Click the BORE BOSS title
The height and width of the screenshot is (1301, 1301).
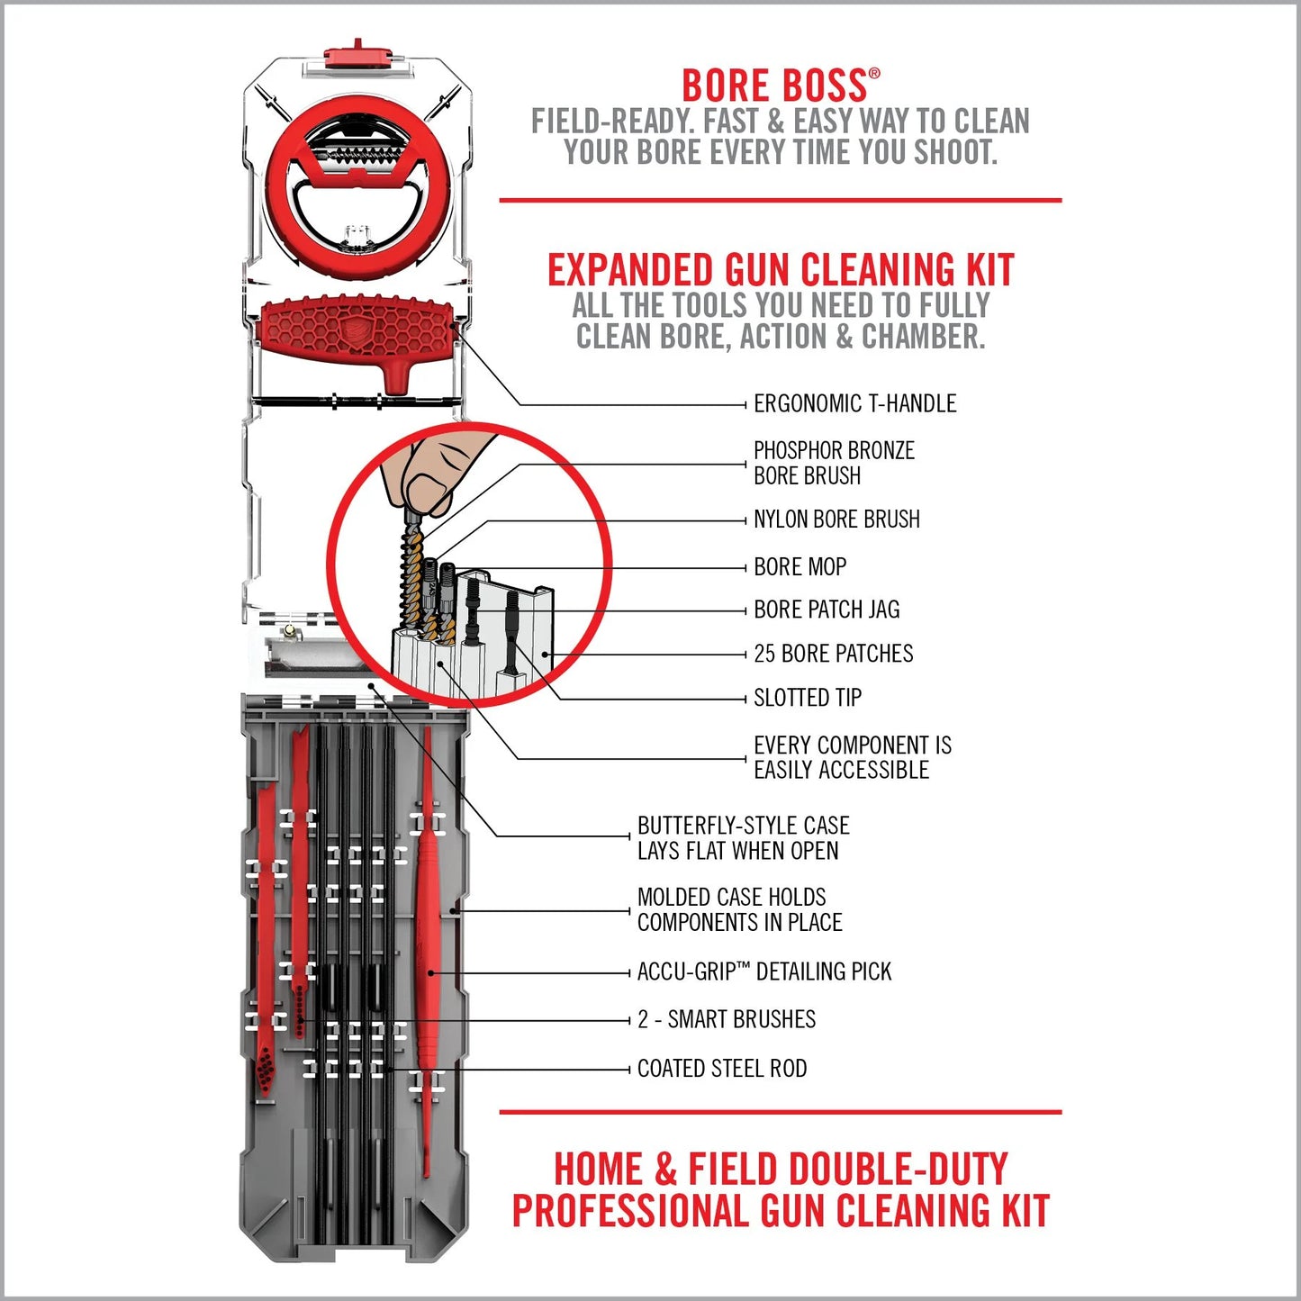click(x=774, y=86)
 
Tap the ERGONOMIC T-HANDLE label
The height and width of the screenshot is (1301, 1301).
click(x=854, y=403)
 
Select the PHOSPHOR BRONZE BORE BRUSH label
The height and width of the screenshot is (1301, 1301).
click(x=833, y=463)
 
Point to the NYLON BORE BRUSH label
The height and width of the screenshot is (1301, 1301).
click(x=836, y=519)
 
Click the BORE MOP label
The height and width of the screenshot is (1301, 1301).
click(x=800, y=567)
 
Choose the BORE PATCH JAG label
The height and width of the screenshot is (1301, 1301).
click(x=827, y=610)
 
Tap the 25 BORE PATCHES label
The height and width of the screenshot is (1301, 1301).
click(x=833, y=654)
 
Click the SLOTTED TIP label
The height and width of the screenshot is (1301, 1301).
click(x=807, y=698)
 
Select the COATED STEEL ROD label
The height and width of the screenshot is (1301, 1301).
click(x=721, y=1069)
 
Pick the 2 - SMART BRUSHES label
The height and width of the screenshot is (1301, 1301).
click(x=726, y=1019)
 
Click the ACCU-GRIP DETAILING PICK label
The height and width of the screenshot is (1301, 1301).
click(x=763, y=971)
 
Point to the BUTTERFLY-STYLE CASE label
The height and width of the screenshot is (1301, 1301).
click(x=743, y=838)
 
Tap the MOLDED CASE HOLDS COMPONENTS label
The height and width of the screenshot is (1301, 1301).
click(x=739, y=909)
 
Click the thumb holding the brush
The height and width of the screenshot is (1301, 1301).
click(x=430, y=487)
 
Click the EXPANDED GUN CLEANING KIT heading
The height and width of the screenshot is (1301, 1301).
click(x=781, y=270)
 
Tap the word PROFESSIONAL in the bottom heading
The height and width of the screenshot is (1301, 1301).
click(x=630, y=1211)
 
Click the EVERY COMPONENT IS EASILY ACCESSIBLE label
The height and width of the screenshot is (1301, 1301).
click(x=852, y=757)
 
